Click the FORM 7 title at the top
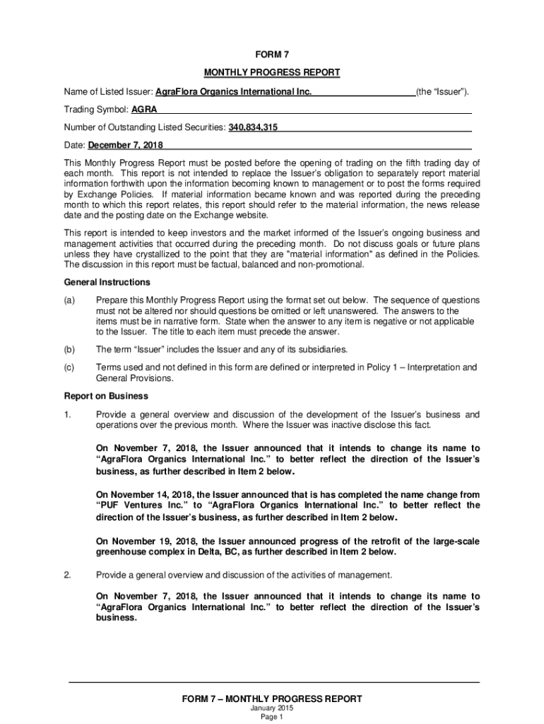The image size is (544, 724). pyautogui.click(x=272, y=54)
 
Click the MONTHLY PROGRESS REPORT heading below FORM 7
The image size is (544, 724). pyautogui.click(x=272, y=73)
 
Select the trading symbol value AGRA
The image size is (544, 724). pyautogui.click(x=144, y=110)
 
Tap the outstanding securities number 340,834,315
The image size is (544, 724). pyautogui.click(x=252, y=127)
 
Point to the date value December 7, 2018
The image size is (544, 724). pyautogui.click(x=125, y=145)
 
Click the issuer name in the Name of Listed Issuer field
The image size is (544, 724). pyautogui.click(x=233, y=92)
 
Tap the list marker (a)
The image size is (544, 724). pyautogui.click(x=69, y=300)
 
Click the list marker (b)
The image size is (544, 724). pyautogui.click(x=69, y=349)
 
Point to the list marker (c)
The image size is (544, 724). pyautogui.click(x=69, y=367)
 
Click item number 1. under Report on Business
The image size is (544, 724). pyautogui.click(x=67, y=414)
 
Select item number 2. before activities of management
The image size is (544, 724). pyautogui.click(x=67, y=574)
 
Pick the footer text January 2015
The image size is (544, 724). pyautogui.click(x=272, y=708)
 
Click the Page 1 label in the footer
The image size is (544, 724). pyautogui.click(x=272, y=717)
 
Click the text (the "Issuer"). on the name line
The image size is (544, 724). pyautogui.click(x=442, y=92)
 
